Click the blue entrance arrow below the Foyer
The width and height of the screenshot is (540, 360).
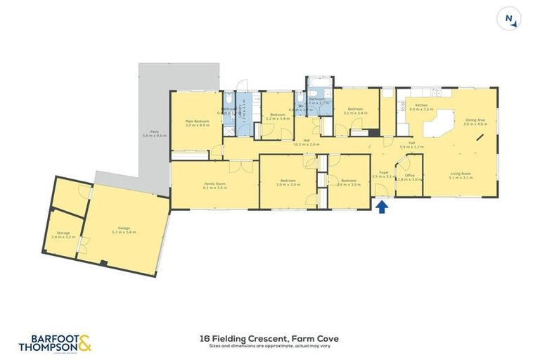click(382, 207)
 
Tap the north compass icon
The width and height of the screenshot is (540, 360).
click(508, 19)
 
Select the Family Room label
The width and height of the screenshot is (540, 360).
click(214, 186)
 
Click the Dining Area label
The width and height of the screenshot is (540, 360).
click(476, 122)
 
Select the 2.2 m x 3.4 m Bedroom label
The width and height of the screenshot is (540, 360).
click(278, 117)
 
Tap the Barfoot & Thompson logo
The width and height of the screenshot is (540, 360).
click(56, 343)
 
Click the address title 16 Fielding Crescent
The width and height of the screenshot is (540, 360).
click(270, 338)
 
